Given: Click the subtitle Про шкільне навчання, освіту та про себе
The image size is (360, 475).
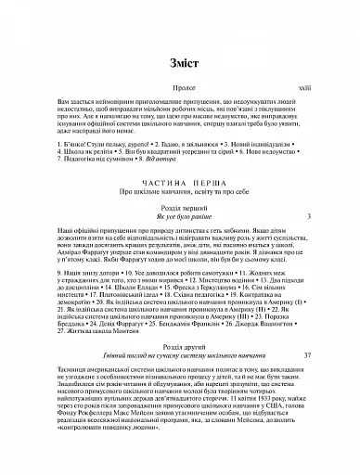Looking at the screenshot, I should [x=180, y=195].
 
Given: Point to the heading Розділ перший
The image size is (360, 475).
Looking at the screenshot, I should [x=180, y=210].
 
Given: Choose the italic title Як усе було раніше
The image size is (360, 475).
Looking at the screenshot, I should [x=180, y=219].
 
